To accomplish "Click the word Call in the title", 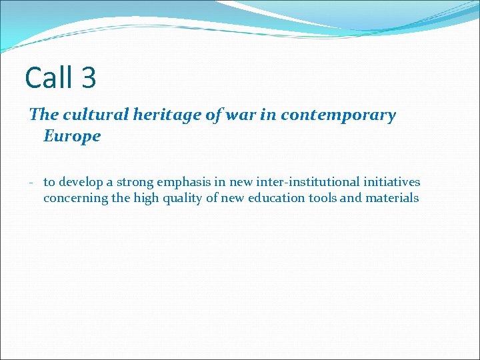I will (x=49, y=77).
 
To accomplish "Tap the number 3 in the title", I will (x=89, y=77).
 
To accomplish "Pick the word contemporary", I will (x=338, y=115).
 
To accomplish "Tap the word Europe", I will (x=72, y=136).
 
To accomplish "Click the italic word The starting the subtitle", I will (x=44, y=115).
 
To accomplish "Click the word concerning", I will (x=75, y=198).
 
